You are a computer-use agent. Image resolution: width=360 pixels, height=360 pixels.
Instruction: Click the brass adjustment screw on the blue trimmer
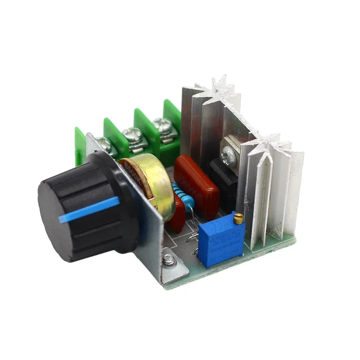(238, 219)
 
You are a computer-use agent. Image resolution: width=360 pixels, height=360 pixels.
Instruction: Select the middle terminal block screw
(133, 134)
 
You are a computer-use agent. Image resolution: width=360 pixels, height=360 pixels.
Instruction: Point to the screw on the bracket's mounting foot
(169, 259)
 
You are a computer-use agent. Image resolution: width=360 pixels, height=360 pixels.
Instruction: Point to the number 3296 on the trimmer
(228, 231)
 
